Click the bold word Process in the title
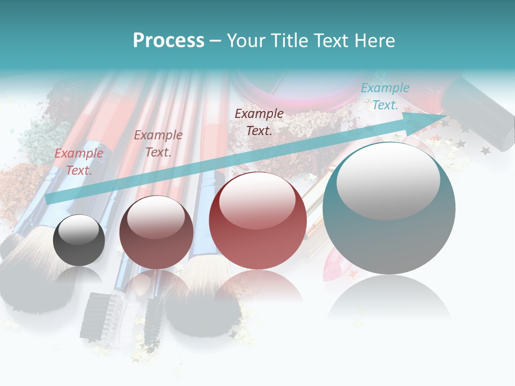(x=168, y=41)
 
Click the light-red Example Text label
(x=79, y=162)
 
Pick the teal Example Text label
(x=385, y=96)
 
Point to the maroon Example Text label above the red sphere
(x=259, y=122)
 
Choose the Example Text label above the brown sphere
(x=158, y=144)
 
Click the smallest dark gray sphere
(x=79, y=241)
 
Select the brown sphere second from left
(x=156, y=233)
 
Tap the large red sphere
(x=257, y=221)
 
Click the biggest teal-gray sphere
(x=389, y=209)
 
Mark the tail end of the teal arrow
(x=47, y=199)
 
